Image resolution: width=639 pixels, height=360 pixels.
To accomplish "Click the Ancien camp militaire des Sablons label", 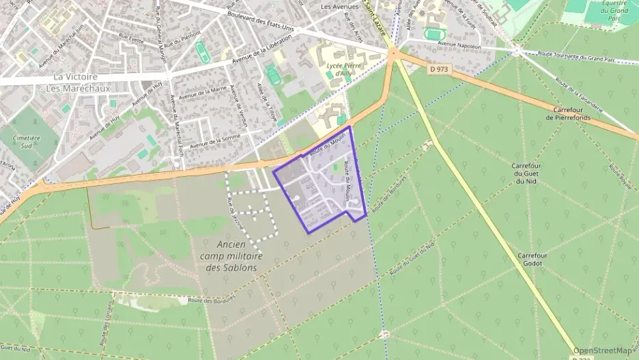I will coord(231,255).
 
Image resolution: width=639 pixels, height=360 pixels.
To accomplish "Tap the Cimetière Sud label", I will coord(27,141).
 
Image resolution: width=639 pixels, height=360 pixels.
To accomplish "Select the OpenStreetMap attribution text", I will coord(603,350).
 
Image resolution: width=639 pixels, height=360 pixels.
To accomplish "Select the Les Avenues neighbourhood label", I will coord(339,6).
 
